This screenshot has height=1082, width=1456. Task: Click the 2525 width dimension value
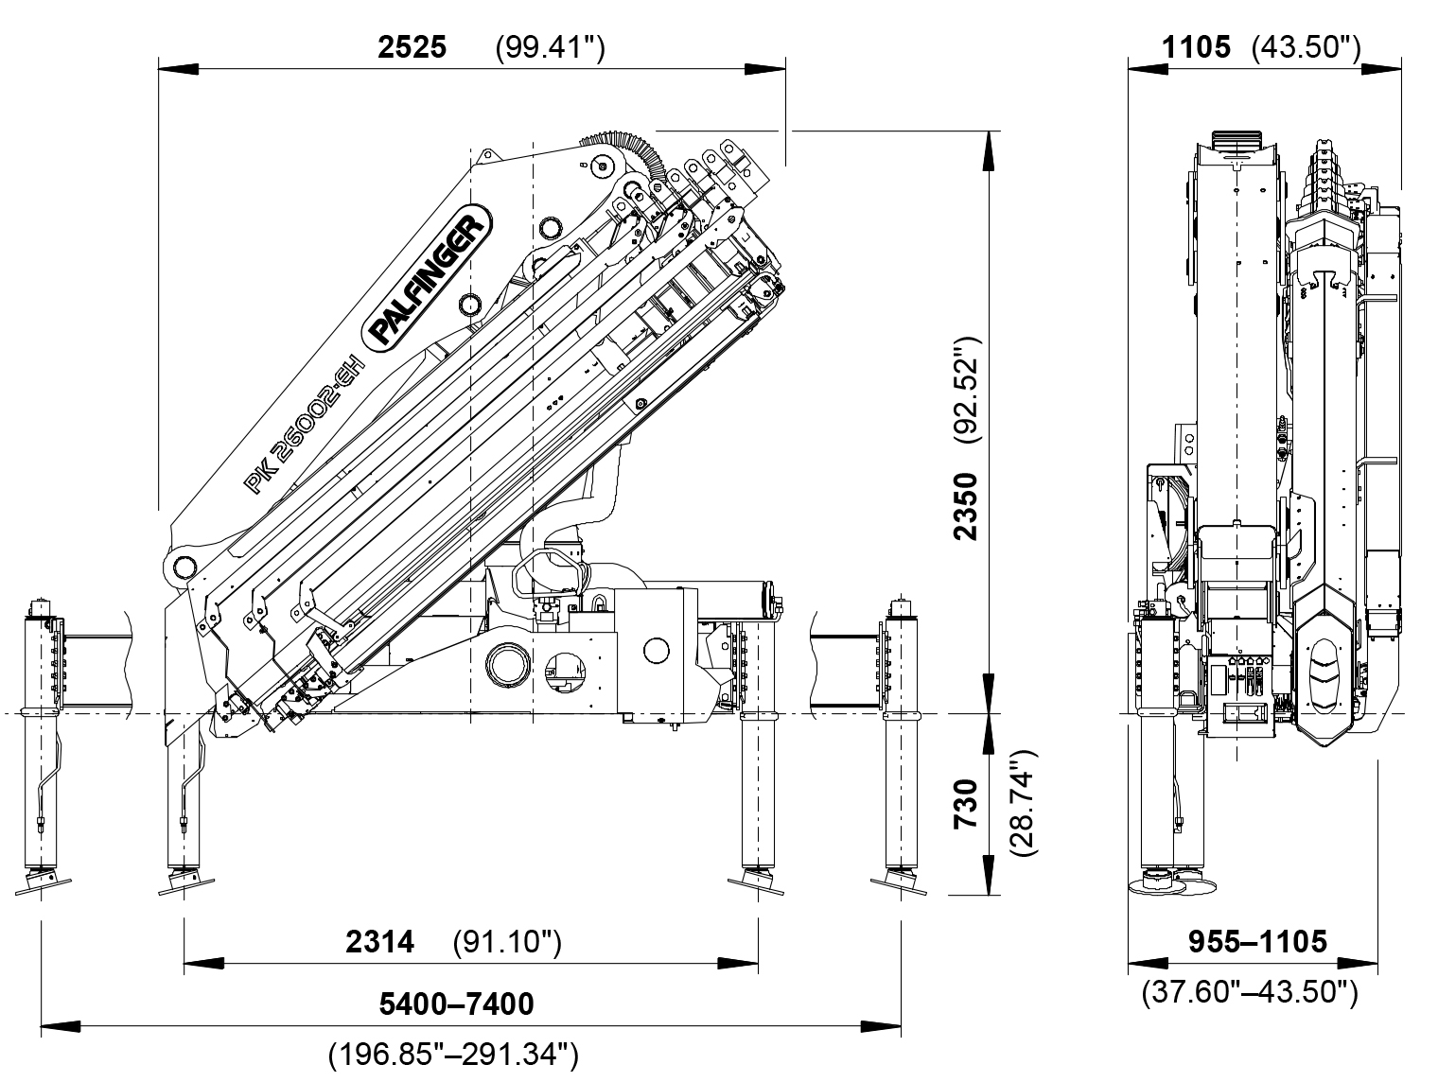(x=412, y=47)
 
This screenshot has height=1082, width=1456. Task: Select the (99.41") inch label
(x=550, y=47)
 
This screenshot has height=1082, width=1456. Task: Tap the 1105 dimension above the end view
(x=1197, y=47)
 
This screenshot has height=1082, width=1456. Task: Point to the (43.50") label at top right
(x=1307, y=47)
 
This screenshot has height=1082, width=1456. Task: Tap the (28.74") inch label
(x=1024, y=804)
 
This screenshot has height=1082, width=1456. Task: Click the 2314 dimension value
(x=380, y=942)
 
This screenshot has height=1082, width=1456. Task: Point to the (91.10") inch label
(x=507, y=942)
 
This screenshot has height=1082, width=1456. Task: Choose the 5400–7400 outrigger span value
(x=456, y=1003)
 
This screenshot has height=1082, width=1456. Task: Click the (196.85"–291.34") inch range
(x=453, y=1053)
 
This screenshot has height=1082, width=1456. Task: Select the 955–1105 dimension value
(x=1257, y=942)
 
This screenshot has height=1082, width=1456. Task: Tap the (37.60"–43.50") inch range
(x=1251, y=991)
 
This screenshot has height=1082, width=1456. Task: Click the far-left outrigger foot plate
(x=43, y=882)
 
